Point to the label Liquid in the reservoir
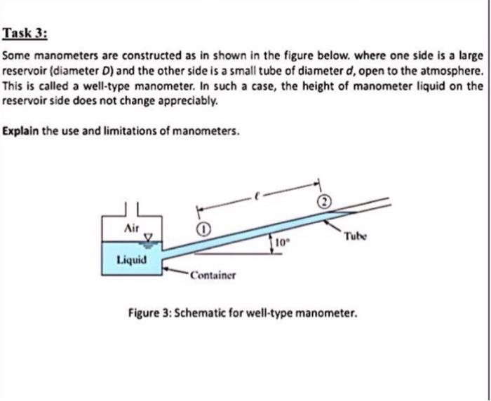131,260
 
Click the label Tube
356,237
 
